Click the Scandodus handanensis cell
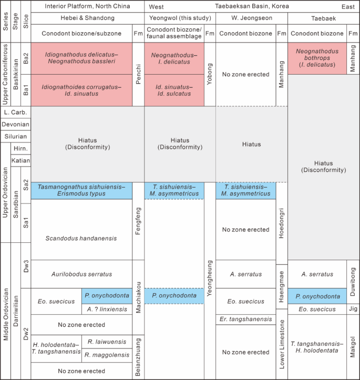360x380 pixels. coord(80,238)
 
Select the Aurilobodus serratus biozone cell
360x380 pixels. coord(81,274)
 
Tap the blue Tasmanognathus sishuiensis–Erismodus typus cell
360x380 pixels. coord(81,190)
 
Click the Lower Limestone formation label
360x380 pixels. coord(282,343)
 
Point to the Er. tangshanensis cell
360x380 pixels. coord(246,320)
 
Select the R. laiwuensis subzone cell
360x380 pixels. coord(107,341)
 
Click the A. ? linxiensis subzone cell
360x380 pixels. coord(107,309)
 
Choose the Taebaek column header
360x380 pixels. coord(324,18)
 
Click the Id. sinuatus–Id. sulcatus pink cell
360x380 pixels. coord(174,90)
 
